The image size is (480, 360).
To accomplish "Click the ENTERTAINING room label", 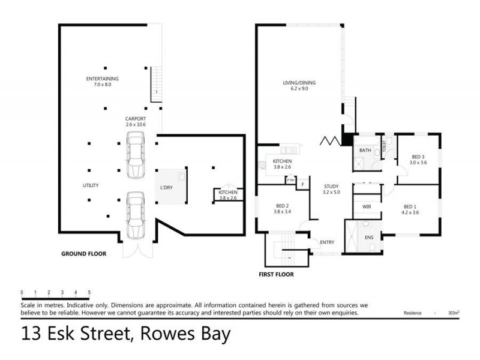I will point(102,79).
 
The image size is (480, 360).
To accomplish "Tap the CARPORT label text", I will point(135,119).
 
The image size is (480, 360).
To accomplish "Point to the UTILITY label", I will point(91,185).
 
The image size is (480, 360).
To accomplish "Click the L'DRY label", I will point(166,188).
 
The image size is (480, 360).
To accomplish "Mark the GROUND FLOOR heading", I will point(84,254).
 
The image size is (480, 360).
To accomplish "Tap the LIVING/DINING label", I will point(299,83).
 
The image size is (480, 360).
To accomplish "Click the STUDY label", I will point(331,187).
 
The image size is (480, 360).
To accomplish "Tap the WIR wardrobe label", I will point(366,206).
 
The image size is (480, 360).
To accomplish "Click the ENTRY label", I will point(328,242).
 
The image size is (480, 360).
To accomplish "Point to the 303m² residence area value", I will point(453,313).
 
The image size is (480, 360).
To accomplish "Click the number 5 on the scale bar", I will point(89,292).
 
